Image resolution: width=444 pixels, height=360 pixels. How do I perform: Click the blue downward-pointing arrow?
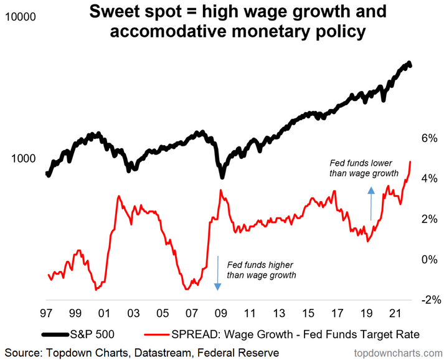coord(217,272)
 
